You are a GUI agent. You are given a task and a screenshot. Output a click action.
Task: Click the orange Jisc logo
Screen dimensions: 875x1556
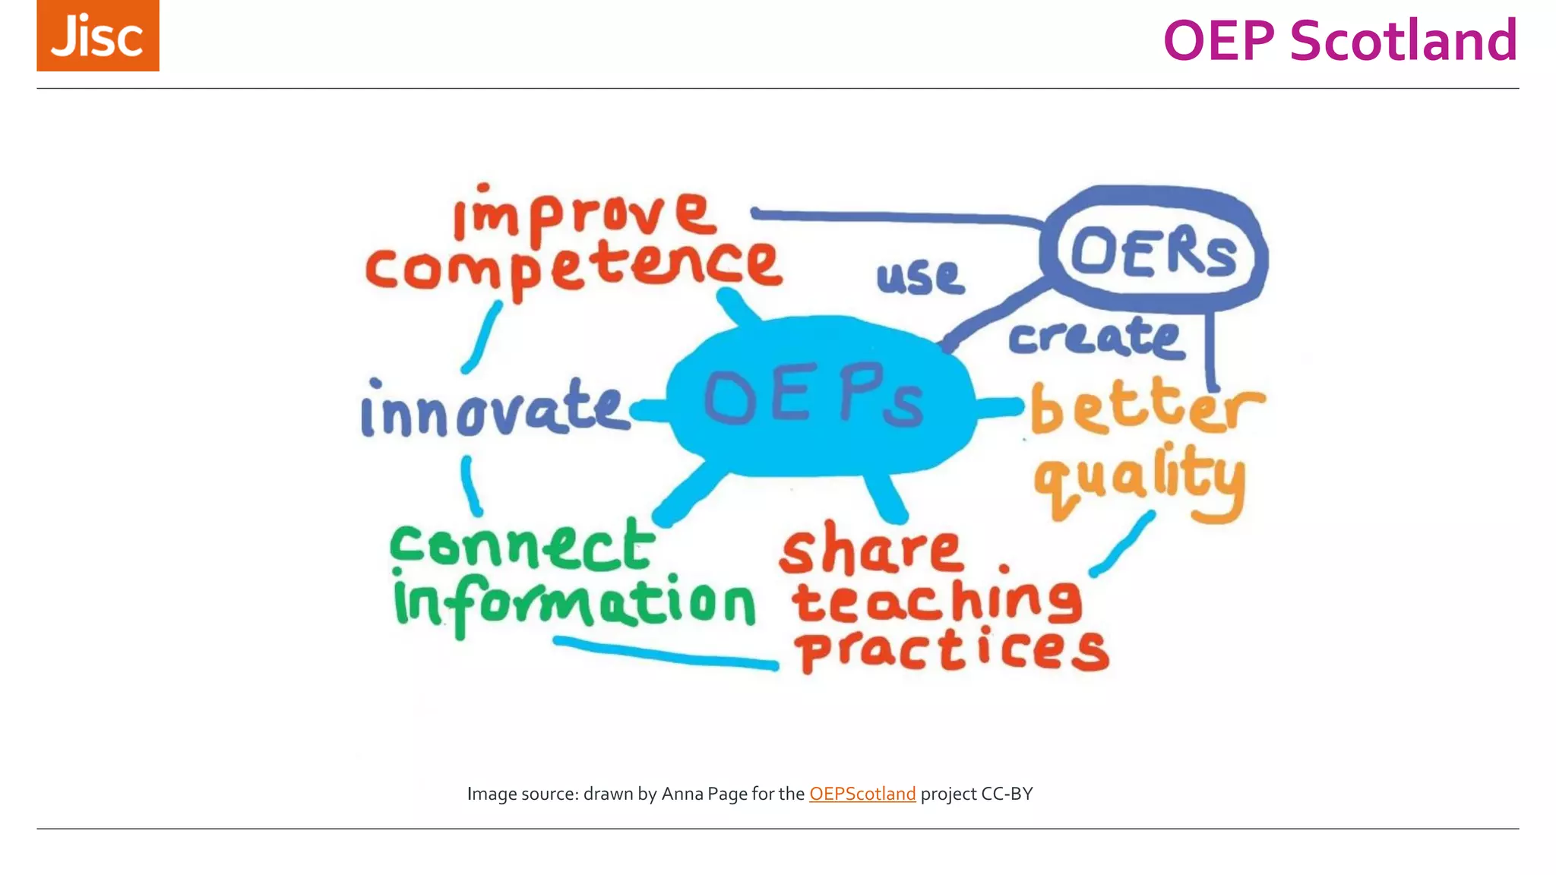(x=97, y=36)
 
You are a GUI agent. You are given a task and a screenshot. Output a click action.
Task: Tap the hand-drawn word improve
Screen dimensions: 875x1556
(x=583, y=215)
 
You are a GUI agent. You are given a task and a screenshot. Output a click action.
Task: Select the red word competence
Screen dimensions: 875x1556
(x=573, y=267)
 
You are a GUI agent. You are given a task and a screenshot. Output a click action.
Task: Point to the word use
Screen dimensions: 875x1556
(x=920, y=276)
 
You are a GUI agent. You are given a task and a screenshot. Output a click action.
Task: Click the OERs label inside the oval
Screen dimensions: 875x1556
(x=1153, y=252)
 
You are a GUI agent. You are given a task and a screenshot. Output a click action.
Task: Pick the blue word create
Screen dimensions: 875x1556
(x=1095, y=337)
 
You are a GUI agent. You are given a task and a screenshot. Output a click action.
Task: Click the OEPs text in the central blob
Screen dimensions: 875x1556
(x=813, y=396)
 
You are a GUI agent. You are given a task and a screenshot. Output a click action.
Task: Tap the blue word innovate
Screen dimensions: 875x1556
(x=494, y=410)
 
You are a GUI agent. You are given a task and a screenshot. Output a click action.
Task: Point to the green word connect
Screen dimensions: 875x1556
(x=522, y=545)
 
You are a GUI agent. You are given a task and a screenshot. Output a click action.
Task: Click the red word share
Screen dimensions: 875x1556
(x=871, y=550)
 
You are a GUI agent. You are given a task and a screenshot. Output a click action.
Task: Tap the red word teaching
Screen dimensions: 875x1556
(x=936, y=600)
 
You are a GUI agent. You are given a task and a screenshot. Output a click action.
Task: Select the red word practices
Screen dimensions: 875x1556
(x=951, y=650)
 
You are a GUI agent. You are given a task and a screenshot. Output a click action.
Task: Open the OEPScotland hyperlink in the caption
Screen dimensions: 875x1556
(x=862, y=794)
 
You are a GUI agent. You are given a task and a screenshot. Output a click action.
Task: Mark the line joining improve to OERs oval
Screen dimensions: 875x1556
(x=897, y=217)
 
